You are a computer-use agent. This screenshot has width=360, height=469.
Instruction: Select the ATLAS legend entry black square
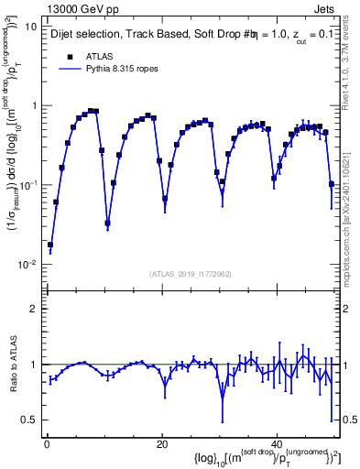(70, 56)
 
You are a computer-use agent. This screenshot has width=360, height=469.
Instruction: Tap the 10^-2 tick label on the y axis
(28, 265)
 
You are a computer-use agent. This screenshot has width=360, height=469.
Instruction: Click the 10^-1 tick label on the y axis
(28, 185)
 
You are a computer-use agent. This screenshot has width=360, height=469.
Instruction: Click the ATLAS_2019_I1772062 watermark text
(190, 275)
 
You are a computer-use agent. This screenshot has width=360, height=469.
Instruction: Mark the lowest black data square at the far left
(50, 245)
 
